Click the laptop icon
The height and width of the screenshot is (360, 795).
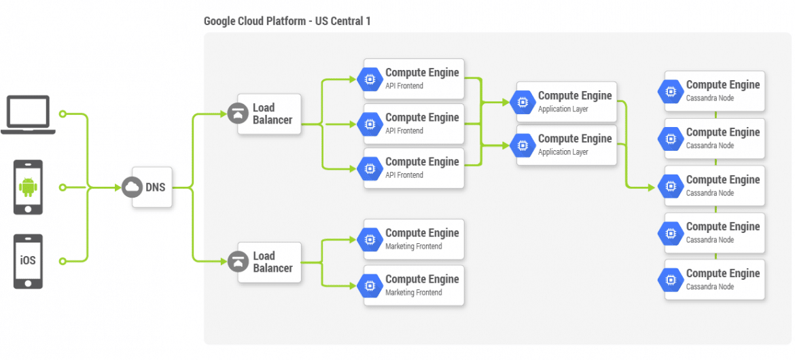28,115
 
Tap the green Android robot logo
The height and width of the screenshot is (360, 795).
28,187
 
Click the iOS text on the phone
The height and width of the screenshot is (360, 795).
28,261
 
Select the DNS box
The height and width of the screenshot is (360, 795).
152,187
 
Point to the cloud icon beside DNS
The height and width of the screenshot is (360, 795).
132,187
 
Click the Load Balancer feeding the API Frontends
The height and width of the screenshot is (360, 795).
269,114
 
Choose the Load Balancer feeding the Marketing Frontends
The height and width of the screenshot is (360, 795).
269,262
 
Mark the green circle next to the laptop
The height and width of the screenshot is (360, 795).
63,113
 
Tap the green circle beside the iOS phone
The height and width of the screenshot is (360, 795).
63,261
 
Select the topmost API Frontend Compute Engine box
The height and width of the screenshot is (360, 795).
414,79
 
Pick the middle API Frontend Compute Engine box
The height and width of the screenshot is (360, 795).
414,124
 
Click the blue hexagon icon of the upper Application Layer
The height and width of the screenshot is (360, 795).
523,102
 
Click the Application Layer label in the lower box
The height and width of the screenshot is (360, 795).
563,151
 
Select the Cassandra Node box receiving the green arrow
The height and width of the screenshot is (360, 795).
714,185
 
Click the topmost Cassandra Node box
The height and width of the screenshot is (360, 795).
714,91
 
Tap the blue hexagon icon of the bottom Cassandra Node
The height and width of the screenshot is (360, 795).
671,279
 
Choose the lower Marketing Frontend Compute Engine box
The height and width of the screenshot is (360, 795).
414,285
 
